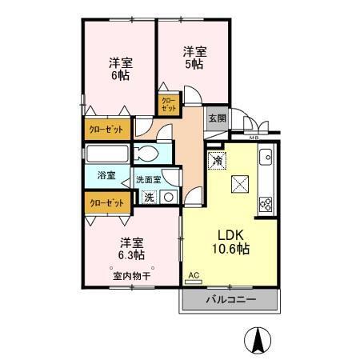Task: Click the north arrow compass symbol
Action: [x=258, y=341]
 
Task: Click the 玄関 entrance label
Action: [x=217, y=118]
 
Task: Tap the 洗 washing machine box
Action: [x=150, y=197]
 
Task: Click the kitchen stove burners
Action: [x=266, y=202]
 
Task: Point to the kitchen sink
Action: [x=266, y=158]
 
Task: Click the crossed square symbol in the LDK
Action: [x=239, y=185]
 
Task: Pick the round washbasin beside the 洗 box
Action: [x=169, y=197]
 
